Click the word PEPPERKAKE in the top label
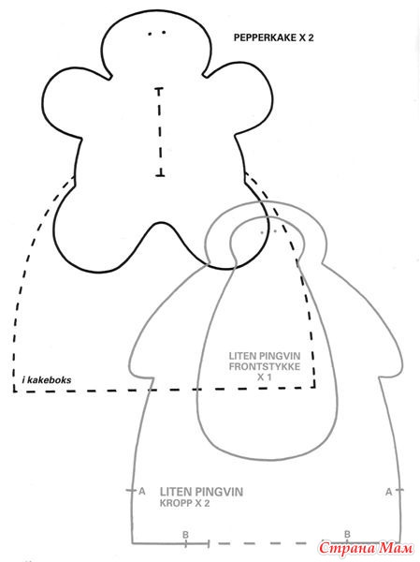pyautogui.click(x=265, y=37)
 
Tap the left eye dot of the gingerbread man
pyautogui.click(x=151, y=34)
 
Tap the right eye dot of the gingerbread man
pyautogui.click(x=164, y=33)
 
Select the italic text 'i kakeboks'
pyautogui.click(x=47, y=380)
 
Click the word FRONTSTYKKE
pyautogui.click(x=265, y=366)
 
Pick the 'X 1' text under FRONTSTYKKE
pyautogui.click(x=264, y=377)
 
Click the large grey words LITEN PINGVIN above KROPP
pyautogui.click(x=201, y=492)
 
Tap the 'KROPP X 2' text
pyautogui.click(x=185, y=503)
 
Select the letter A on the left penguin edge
pyautogui.click(x=142, y=492)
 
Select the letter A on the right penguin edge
pyautogui.click(x=389, y=492)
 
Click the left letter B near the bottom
pyautogui.click(x=185, y=535)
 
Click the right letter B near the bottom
pyautogui.click(x=347, y=535)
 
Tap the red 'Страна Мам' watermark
pyautogui.click(x=366, y=548)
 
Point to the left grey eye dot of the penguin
pyautogui.click(x=262, y=232)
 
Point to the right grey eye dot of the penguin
pyautogui.click(x=275, y=231)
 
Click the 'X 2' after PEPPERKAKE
pyautogui.click(x=307, y=37)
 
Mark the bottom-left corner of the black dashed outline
pyautogui.click(x=14, y=391)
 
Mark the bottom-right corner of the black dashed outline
pyautogui.click(x=314, y=387)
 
